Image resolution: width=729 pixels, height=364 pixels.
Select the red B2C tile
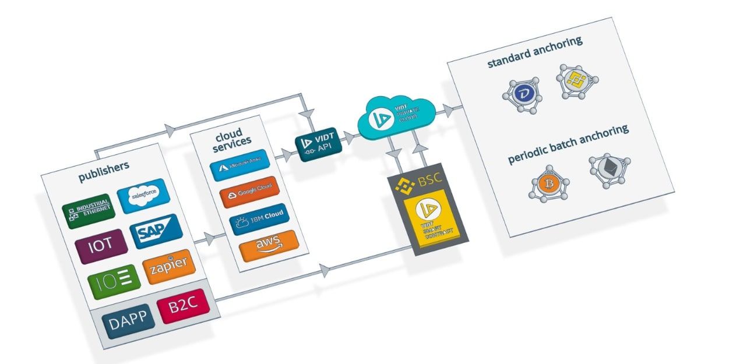point(182,306)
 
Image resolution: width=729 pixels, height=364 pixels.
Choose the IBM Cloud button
point(258,217)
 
